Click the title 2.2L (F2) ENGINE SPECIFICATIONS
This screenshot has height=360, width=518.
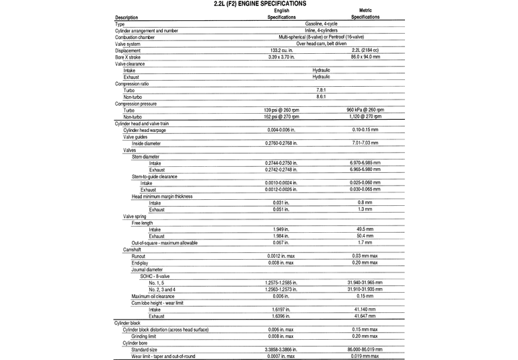pyautogui.click(x=259, y=4)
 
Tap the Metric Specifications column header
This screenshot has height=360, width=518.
pyautogui.click(x=365, y=13)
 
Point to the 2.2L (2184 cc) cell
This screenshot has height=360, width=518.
pyautogui.click(x=365, y=50)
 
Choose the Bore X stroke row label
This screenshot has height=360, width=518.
pyautogui.click(x=131, y=57)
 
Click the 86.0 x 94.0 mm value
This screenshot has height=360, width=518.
pyautogui.click(x=365, y=57)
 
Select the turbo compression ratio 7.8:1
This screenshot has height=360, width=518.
pyautogui.click(x=321, y=89)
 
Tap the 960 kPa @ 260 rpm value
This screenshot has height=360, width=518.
pyautogui.click(x=365, y=109)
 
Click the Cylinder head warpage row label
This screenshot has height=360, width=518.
pyautogui.click(x=144, y=130)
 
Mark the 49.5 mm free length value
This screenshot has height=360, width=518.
pyautogui.click(x=365, y=229)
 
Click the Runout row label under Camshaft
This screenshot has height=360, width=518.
pyautogui.click(x=139, y=256)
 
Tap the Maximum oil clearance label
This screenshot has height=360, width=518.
pyautogui.click(x=153, y=296)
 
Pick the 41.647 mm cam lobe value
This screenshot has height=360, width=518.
pyautogui.click(x=365, y=316)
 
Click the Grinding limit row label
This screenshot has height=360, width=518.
pyautogui.click(x=146, y=336)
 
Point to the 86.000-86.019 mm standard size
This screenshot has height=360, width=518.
pyautogui.click(x=365, y=349)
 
